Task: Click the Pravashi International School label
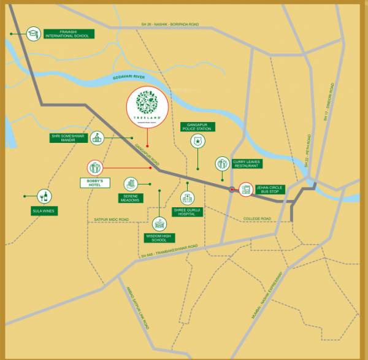69,34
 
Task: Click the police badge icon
197,141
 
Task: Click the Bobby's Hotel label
94,183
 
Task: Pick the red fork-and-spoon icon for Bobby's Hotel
95,167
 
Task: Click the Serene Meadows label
129,198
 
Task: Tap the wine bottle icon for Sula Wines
44,196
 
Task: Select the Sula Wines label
44,211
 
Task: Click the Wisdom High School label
159,238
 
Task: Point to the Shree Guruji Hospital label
188,212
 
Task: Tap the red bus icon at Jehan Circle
246,189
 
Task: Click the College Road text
257,219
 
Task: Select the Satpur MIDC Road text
111,219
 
